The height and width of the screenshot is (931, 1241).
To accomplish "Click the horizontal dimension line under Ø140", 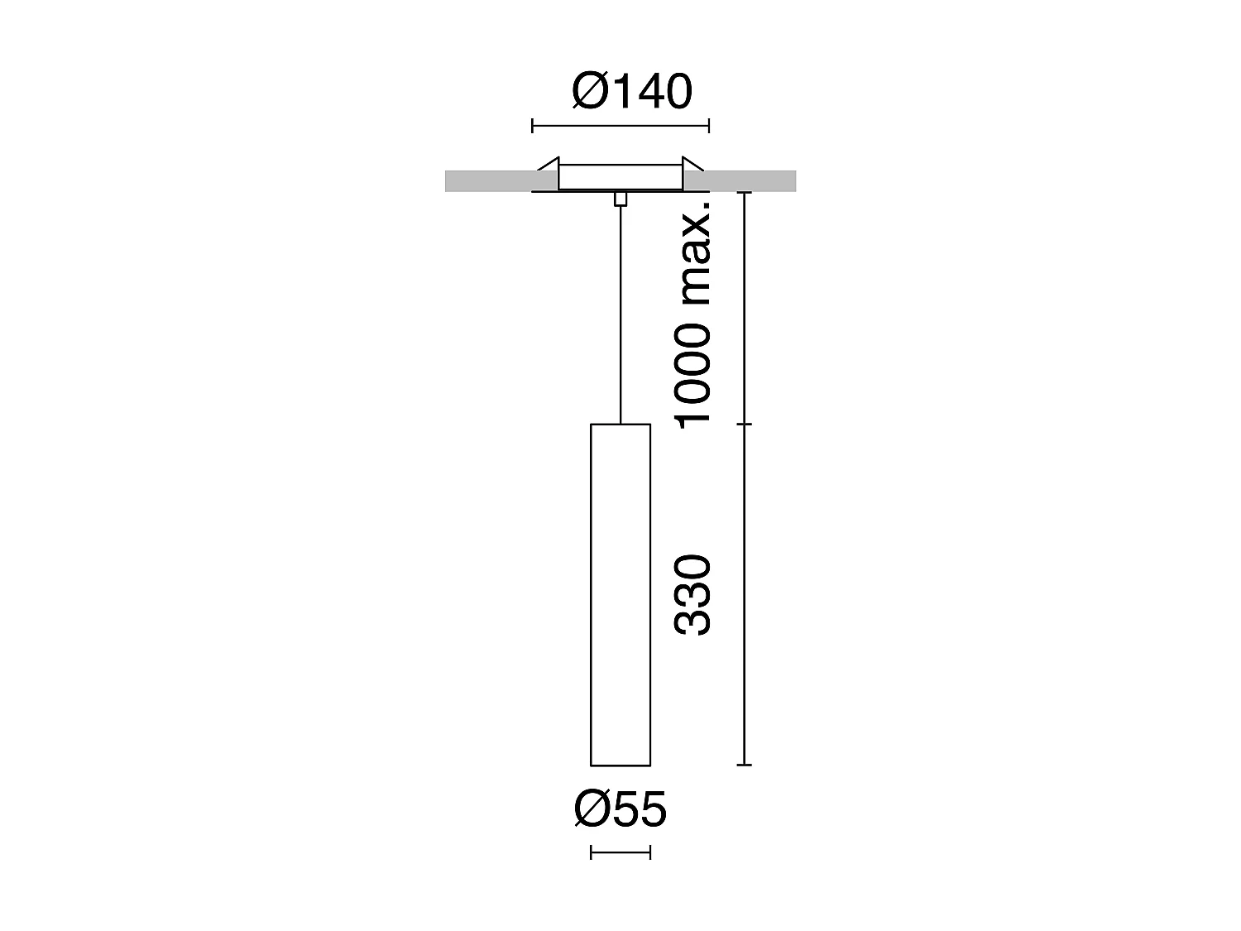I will click(x=620, y=127).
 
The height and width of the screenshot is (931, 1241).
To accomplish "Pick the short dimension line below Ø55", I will click(x=620, y=852).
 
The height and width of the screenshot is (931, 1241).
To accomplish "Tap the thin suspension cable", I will click(x=620, y=314).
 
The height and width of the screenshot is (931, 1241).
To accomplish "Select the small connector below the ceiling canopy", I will click(x=620, y=199).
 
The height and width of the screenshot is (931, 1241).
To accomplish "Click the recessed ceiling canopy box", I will click(x=620, y=177).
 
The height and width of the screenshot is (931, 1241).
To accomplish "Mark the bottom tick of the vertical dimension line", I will click(x=745, y=765).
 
